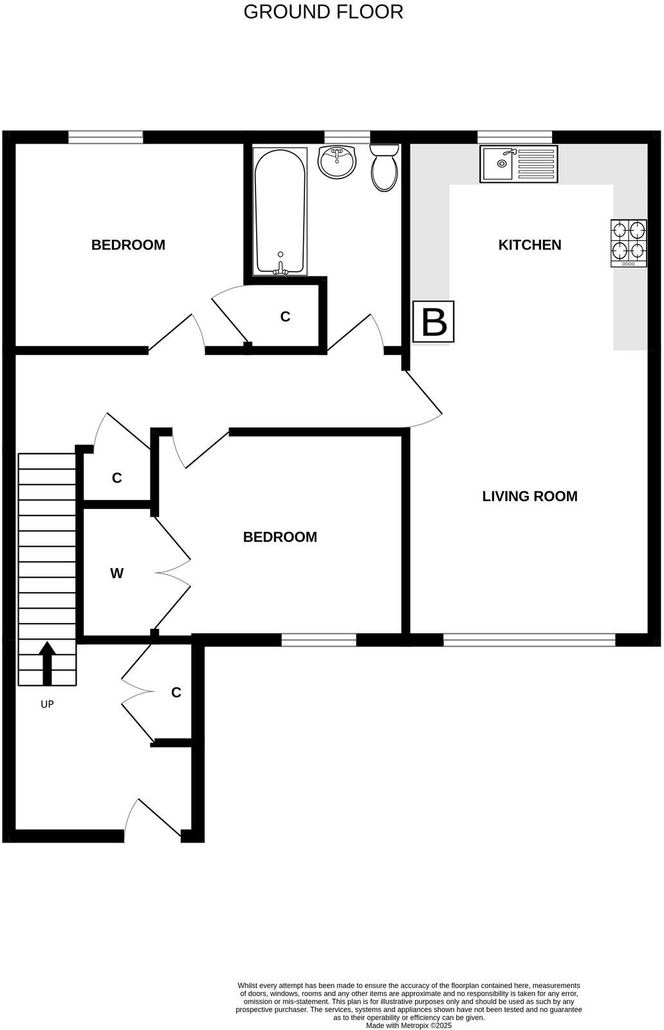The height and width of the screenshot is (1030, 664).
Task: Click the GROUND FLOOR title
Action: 323,12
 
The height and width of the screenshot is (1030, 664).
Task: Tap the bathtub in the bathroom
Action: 280,211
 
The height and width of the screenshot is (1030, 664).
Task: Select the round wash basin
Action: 337,162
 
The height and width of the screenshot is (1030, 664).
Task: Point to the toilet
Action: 384,167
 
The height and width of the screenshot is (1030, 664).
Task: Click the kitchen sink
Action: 518,164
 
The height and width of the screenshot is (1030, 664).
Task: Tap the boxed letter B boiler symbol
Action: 434,321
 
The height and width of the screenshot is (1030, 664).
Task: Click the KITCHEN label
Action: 530,245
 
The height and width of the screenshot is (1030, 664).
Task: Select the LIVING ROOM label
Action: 530,496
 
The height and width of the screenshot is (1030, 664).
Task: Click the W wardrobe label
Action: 116,573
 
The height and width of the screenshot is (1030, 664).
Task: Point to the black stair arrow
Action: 48,663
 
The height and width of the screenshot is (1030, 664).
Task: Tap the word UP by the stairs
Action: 47,704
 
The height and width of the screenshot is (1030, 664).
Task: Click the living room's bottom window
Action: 529,639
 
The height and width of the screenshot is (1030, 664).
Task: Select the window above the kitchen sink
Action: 515,137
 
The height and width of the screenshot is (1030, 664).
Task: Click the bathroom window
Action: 347,137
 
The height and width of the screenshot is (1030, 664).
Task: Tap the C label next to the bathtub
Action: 285,317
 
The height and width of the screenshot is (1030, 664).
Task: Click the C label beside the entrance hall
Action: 176,692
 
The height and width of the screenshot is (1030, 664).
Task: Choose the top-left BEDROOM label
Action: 128,245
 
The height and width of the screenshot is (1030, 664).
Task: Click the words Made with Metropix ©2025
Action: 409,1025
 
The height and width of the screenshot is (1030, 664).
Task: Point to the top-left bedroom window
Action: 106,137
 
